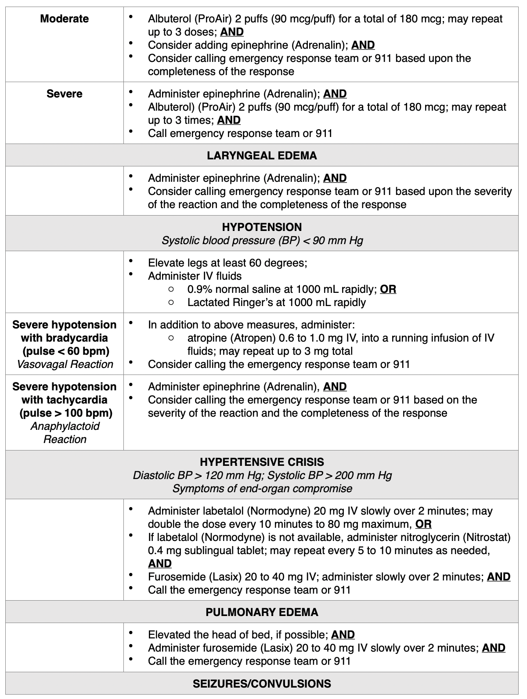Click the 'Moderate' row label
coord(64,19)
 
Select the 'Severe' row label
coord(64,94)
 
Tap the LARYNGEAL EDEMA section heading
coord(262,156)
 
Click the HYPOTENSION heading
coord(262,227)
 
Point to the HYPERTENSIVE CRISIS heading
coord(262,462)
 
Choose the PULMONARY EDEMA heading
coord(262,612)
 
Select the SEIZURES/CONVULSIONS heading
coord(262,684)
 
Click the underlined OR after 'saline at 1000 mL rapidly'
coord(388,289)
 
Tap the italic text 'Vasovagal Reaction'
coord(65,364)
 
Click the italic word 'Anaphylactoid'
coord(65,426)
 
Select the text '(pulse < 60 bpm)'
coord(65,351)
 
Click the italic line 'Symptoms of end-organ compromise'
coord(262,488)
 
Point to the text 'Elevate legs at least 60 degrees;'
coord(227,263)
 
